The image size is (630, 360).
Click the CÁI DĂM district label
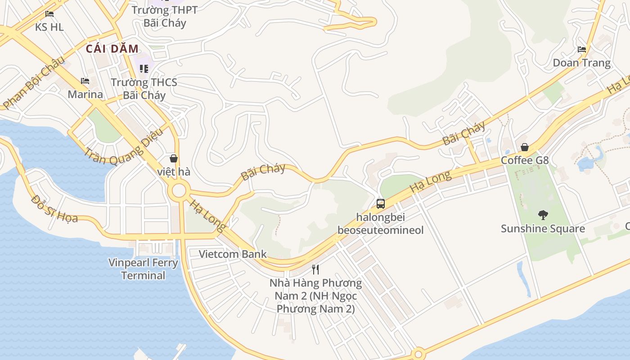[112, 49]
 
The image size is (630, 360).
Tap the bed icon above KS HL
[49, 14]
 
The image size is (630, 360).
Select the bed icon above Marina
[85, 81]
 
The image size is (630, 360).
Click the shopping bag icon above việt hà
[174, 158]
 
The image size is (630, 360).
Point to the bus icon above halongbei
[381, 204]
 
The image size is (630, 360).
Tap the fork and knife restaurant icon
[315, 270]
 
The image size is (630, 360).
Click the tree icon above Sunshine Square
[543, 215]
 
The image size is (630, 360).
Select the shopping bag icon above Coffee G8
[525, 147]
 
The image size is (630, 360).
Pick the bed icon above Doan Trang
[582, 49]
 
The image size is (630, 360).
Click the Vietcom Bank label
[233, 254]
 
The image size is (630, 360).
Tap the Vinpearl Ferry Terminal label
[143, 269]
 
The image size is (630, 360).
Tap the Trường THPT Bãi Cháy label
[165, 16]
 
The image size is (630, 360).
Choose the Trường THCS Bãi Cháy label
[144, 89]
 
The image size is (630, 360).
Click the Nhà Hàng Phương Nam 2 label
[315, 296]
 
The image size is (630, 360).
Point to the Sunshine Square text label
[543, 229]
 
